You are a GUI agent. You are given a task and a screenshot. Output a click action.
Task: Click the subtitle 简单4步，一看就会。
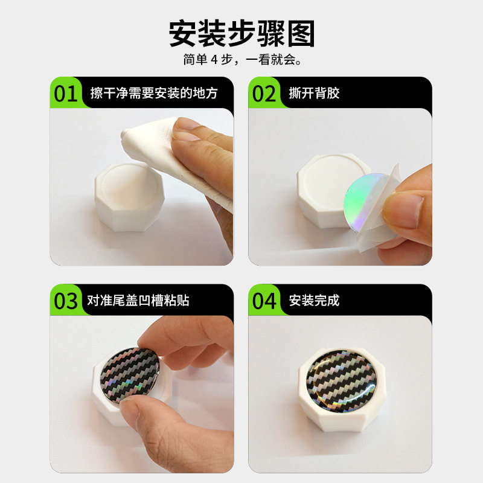tap(241, 61)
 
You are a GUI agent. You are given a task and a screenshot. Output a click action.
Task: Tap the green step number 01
tap(66, 94)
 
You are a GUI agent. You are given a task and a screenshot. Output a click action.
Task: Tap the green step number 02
tap(264, 94)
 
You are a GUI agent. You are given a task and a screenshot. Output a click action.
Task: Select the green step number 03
tap(66, 301)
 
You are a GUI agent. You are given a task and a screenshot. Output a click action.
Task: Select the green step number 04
tap(264, 301)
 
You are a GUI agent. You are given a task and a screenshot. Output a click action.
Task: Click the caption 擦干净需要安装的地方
tap(154, 94)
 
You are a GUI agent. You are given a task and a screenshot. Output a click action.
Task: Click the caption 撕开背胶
tap(314, 94)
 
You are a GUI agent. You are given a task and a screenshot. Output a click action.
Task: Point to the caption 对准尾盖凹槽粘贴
tap(138, 300)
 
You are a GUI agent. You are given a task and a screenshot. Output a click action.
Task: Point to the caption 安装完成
tap(314, 300)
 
